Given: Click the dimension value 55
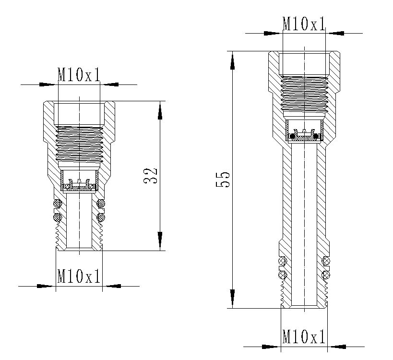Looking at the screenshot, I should click(x=224, y=180).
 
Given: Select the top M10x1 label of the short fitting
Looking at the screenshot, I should click(x=79, y=74).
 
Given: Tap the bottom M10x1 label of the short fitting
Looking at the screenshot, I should click(x=79, y=276).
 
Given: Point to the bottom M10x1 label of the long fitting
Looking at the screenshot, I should click(x=304, y=336).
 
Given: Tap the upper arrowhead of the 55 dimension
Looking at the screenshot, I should click(x=233, y=60).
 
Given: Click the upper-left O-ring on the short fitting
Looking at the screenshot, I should click(x=57, y=204).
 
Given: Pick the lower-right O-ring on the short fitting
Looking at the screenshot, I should click(x=101, y=218).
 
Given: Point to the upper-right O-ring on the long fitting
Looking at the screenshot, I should click(x=326, y=261).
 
